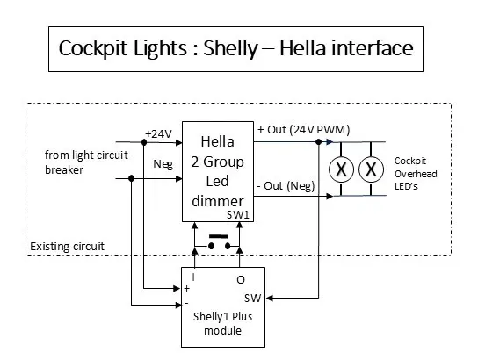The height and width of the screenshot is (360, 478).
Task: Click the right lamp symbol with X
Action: point(372,169)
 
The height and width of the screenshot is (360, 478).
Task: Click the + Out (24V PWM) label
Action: point(303,130)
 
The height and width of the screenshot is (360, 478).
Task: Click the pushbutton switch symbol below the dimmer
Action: point(218,242)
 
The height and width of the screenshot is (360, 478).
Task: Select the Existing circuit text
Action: point(67,247)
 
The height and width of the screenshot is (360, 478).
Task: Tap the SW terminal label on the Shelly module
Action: point(251,298)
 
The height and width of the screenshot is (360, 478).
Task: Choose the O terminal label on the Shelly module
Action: point(240,279)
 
